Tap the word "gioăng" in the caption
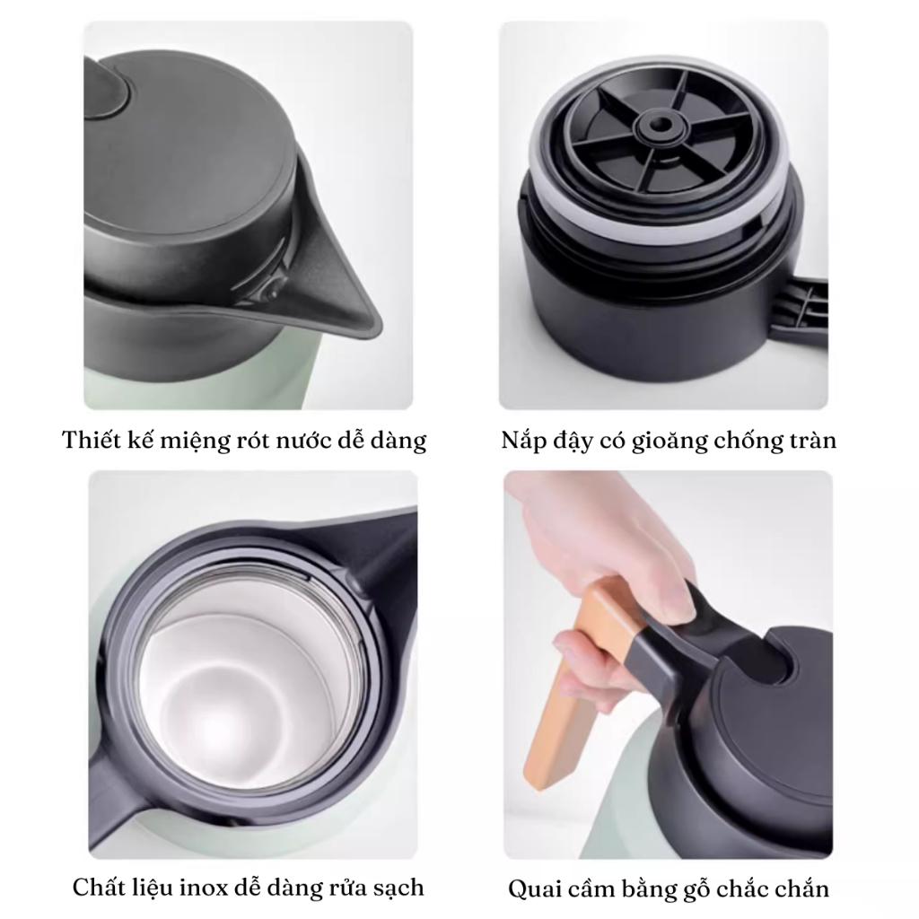click(x=670, y=441)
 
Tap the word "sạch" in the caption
click(x=398, y=888)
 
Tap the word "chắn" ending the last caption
click(x=803, y=888)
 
